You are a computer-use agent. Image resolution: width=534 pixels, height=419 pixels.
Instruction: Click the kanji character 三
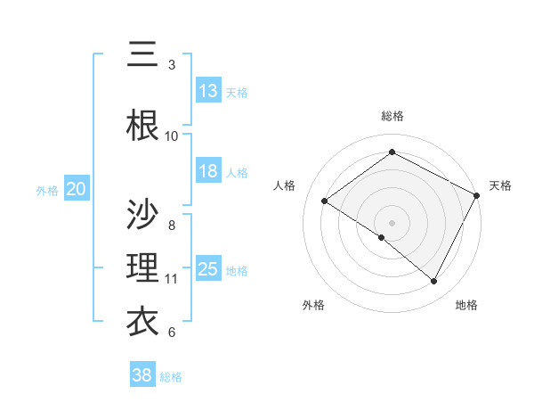[142, 55]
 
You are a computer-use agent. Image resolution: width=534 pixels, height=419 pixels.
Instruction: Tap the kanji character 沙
[142, 214]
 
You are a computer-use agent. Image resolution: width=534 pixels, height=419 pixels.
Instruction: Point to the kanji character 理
[142, 268]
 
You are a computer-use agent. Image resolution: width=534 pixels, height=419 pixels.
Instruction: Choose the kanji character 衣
[142, 322]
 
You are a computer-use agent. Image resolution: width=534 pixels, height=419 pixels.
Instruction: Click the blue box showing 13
[208, 91]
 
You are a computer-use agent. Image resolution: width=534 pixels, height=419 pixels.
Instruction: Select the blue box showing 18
[208, 171]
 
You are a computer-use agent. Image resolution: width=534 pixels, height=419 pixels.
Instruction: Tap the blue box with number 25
[208, 269]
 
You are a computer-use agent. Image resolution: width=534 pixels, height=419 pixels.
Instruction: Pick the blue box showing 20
[77, 189]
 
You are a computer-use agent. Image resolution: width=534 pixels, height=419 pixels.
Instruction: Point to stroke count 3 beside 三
[172, 65]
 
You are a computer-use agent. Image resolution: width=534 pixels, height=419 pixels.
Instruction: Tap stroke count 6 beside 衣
[172, 333]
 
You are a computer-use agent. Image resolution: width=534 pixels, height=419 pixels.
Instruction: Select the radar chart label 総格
[392, 116]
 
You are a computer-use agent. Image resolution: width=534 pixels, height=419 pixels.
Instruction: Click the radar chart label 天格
[501, 185]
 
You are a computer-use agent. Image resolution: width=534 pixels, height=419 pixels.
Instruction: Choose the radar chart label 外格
[313, 305]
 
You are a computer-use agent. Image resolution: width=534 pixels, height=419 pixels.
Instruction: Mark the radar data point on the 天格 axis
[477, 195]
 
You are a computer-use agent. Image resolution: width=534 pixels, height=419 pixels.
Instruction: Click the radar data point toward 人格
[325, 201]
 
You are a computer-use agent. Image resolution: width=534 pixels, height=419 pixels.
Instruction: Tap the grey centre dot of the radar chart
[392, 222]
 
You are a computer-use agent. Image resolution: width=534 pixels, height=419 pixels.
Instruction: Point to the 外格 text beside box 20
[47, 190]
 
